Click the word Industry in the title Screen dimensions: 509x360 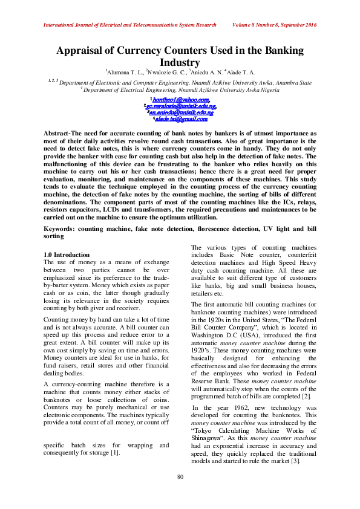180,62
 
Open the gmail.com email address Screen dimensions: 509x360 180,119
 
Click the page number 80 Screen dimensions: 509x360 180,478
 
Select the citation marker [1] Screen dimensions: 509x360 115,453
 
